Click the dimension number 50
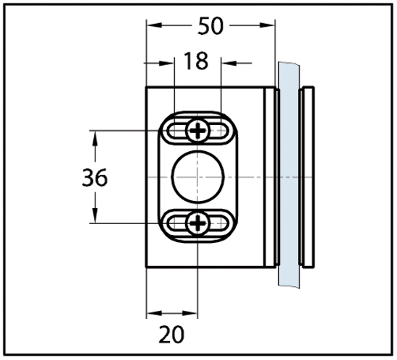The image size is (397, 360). (210, 26)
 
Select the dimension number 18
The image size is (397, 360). (196, 61)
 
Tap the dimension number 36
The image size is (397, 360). (95, 178)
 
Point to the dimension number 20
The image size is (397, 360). (171, 334)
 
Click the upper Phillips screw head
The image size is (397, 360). (198, 131)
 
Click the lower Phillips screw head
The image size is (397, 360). (198, 223)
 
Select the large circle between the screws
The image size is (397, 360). (198, 177)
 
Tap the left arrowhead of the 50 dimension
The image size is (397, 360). (154, 25)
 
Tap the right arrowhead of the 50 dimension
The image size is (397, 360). (267, 25)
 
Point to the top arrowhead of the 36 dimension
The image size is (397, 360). (95, 139)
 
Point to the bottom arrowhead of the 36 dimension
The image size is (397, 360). (95, 215)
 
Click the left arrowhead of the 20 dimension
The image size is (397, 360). (154, 314)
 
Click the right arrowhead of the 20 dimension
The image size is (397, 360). (190, 314)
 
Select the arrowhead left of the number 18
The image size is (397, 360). (166, 63)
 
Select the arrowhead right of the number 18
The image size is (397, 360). (229, 63)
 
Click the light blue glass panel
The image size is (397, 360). (289, 175)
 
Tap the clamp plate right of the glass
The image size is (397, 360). (307, 177)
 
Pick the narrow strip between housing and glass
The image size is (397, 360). (270, 177)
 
